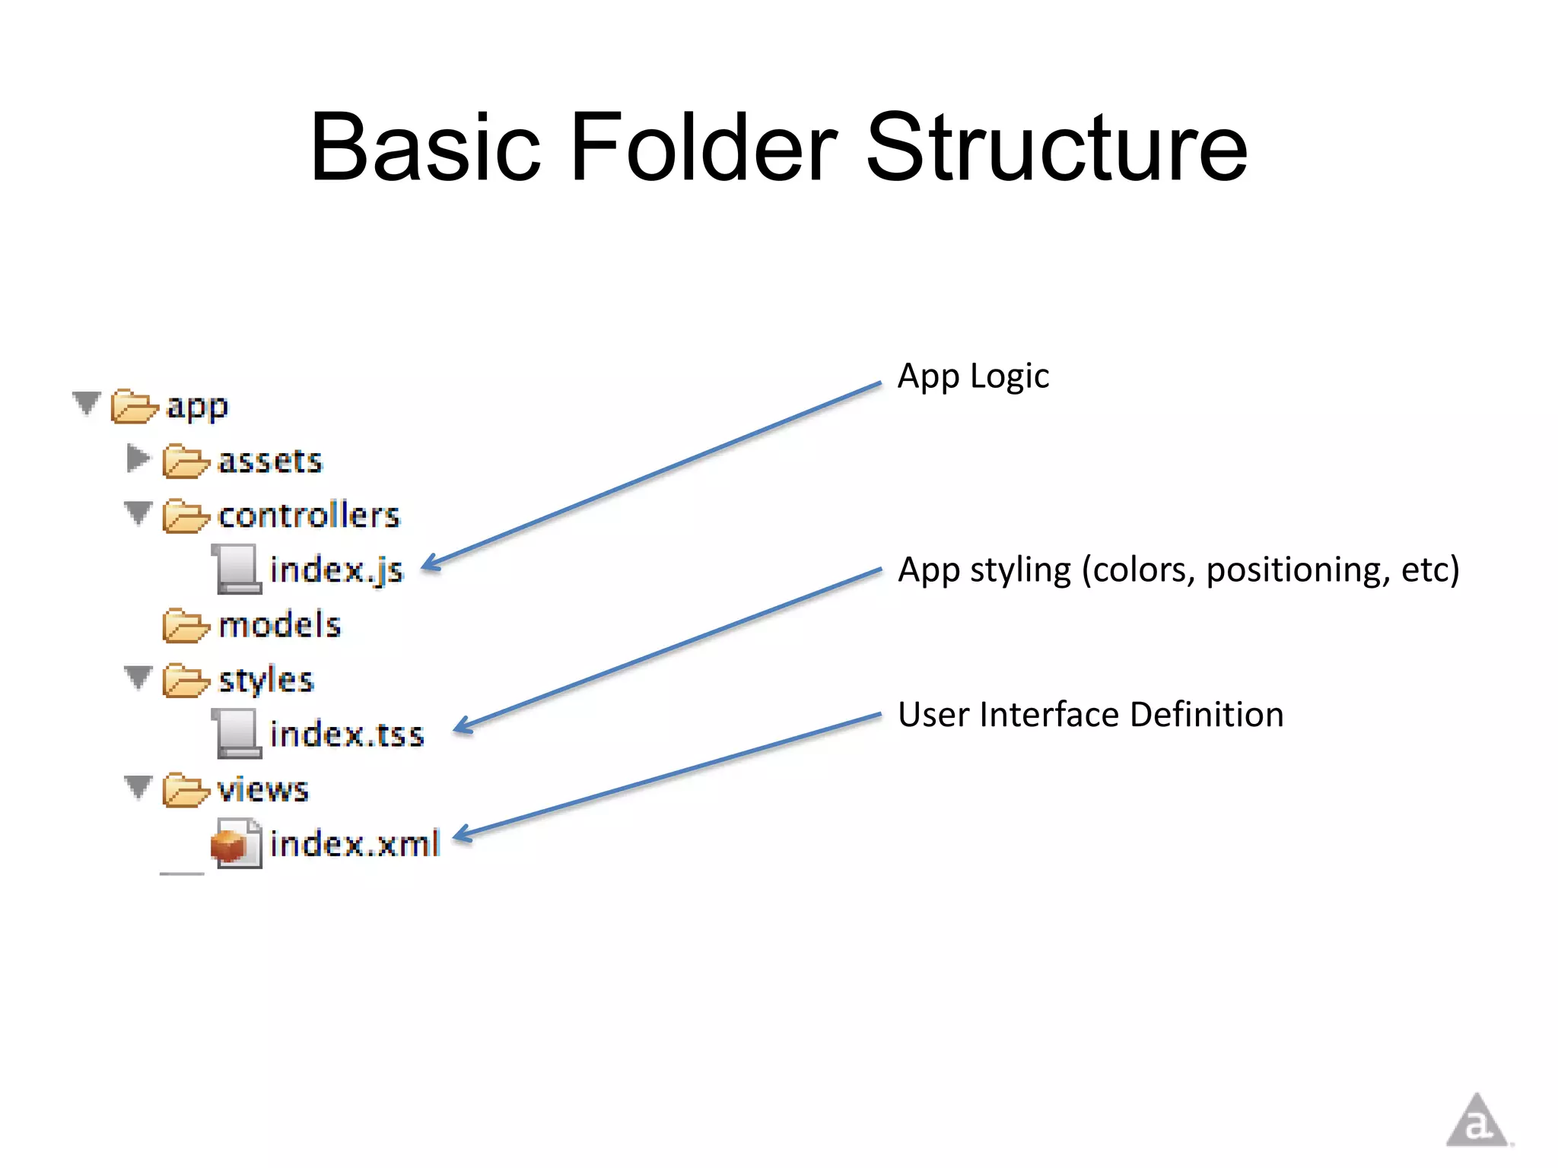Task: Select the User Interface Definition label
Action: click(1090, 715)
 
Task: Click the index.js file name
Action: click(336, 570)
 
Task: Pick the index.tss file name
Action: click(347, 735)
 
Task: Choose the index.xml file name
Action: click(355, 844)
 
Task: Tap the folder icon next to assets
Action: click(185, 461)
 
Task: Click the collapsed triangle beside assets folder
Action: click(138, 459)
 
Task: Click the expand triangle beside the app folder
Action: click(87, 403)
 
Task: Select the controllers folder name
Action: click(308, 516)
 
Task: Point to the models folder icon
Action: click(185, 625)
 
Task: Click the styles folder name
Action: click(265, 680)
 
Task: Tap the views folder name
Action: click(262, 789)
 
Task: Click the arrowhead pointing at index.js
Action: click(431, 563)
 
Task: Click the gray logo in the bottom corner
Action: click(1477, 1122)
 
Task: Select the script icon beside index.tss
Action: click(237, 734)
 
